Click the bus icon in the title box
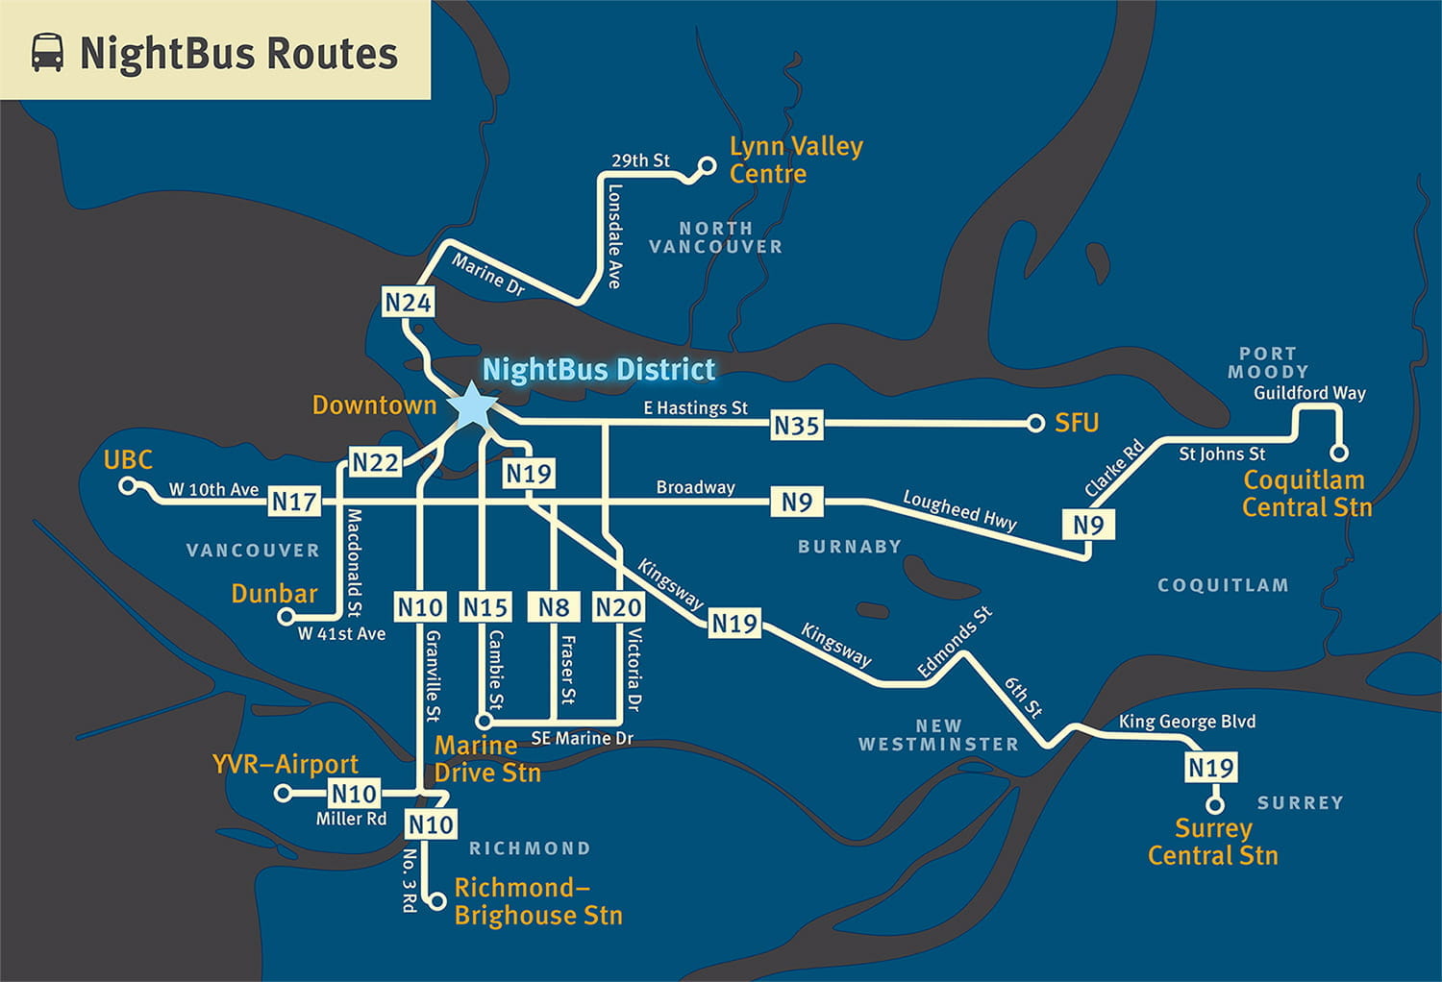[x=47, y=53]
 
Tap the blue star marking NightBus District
[x=473, y=406]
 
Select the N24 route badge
[x=408, y=303]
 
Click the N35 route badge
[x=797, y=425]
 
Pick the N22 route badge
[x=375, y=463]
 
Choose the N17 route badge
[x=294, y=501]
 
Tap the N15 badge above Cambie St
[x=485, y=607]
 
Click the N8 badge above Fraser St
[x=554, y=607]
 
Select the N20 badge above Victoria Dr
[x=618, y=607]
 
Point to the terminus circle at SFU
[x=1035, y=423]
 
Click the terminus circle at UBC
[x=127, y=486]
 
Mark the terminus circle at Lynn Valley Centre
[x=707, y=166]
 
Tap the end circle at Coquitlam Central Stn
[x=1338, y=453]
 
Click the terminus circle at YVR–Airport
[x=283, y=793]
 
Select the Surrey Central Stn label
[x=1213, y=842]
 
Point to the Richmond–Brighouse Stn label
[x=537, y=901]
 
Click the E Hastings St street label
[x=695, y=407]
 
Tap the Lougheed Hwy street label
[x=959, y=510]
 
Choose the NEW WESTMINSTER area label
[x=938, y=735]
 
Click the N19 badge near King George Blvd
[x=1210, y=768]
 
